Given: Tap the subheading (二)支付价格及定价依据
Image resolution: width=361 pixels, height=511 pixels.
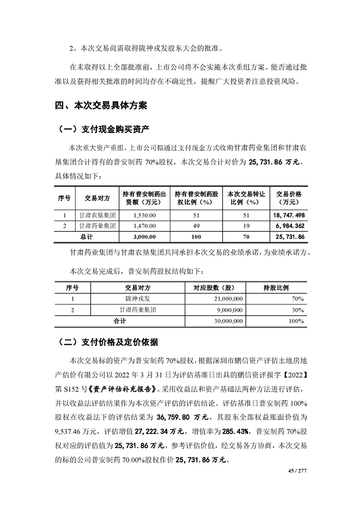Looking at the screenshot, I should point(109,342).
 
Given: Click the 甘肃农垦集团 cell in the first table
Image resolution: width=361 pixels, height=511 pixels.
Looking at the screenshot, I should point(97,215).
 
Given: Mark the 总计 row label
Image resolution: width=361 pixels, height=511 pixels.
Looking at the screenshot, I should point(86,237).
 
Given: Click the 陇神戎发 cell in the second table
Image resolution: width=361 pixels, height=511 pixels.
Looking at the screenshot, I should point(137,298).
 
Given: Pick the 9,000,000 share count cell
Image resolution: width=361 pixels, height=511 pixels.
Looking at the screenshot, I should point(230,310).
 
